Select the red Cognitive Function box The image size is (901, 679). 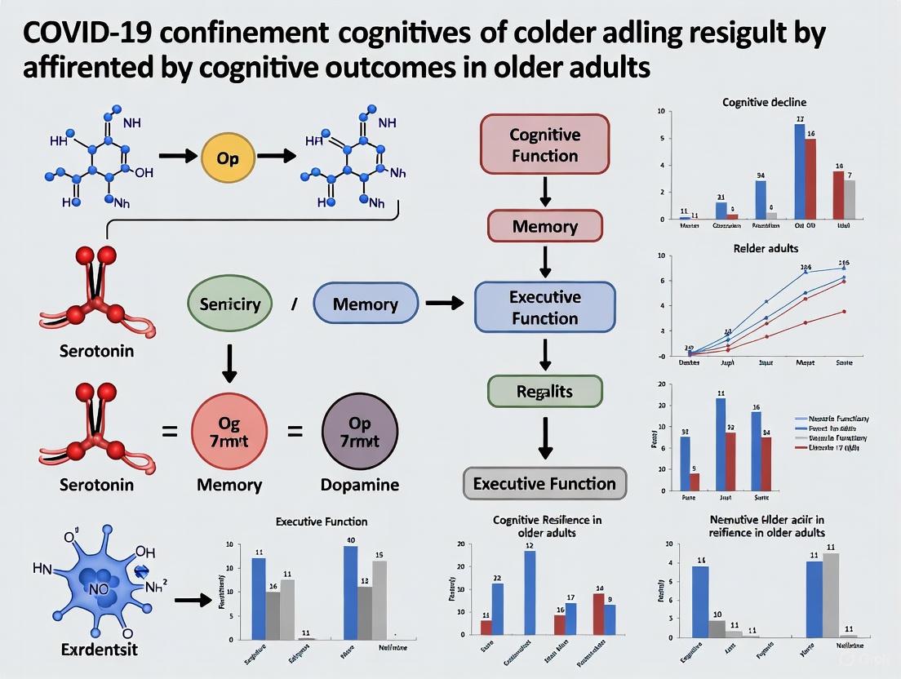click(x=544, y=144)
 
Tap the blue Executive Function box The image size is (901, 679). click(x=544, y=307)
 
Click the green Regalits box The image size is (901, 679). click(x=544, y=392)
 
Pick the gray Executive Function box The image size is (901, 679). click(x=544, y=484)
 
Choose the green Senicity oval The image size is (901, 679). click(x=229, y=304)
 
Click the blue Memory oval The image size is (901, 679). click(x=366, y=305)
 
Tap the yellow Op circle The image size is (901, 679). click(x=228, y=158)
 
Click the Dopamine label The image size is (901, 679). click(x=360, y=485)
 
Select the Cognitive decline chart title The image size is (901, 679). click(x=764, y=102)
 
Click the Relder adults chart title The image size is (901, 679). click(x=765, y=247)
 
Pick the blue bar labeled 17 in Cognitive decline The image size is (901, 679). click(x=800, y=171)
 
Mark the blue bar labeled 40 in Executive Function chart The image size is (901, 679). click(x=351, y=592)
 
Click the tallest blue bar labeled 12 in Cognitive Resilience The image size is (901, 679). click(x=530, y=592)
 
